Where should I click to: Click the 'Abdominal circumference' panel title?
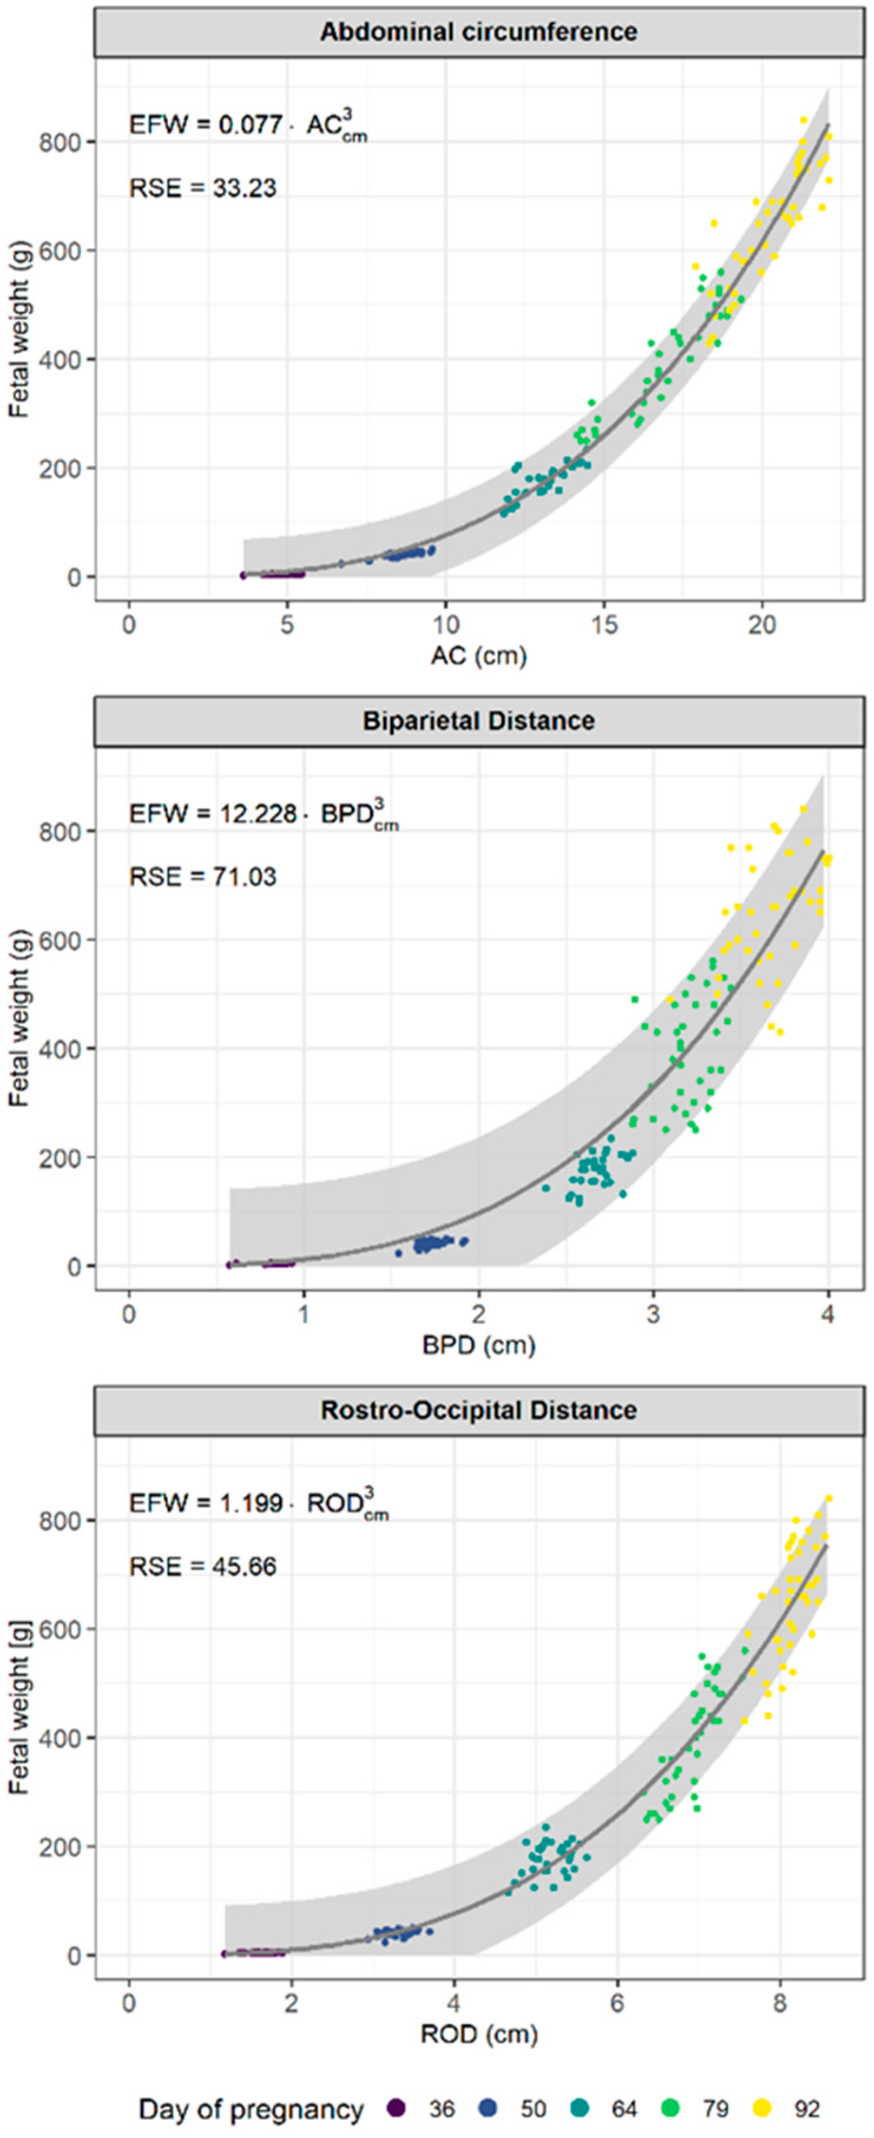[x=479, y=32]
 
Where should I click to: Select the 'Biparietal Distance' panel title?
[x=479, y=720]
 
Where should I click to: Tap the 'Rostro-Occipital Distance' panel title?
[x=479, y=1410]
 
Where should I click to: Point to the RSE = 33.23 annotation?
[x=203, y=189]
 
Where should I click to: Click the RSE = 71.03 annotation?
[x=203, y=877]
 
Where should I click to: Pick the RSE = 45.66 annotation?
[x=203, y=1566]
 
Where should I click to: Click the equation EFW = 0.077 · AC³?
[x=248, y=126]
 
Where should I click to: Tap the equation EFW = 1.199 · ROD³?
[x=258, y=1503]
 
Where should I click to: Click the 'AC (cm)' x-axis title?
[x=479, y=655]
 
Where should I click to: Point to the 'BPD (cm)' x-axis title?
[x=479, y=1345]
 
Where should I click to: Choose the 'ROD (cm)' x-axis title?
[x=479, y=2034]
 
